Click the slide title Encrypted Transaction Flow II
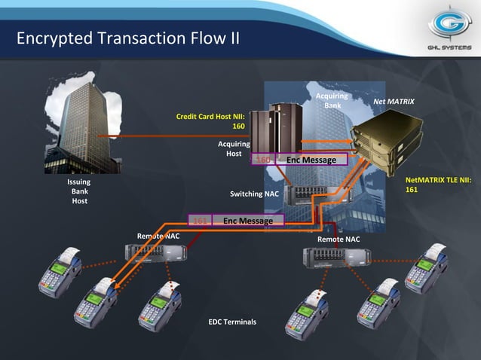pos(128,38)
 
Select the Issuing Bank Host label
pos(79,191)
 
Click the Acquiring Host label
pos(234,148)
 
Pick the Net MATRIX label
pos(394,101)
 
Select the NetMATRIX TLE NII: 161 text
pos(438,185)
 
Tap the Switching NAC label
pos(254,194)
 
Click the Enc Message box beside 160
pos(311,160)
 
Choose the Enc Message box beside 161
pos(247,221)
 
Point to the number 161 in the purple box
pos(200,221)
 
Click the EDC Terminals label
pos(232,322)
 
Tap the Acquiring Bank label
pos(332,101)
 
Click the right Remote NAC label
pos(339,239)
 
